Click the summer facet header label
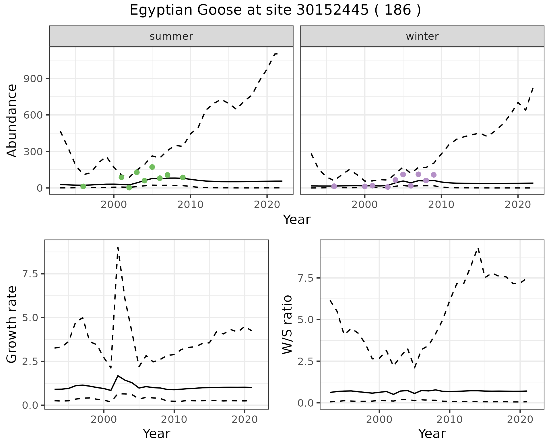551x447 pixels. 171,36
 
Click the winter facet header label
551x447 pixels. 422,36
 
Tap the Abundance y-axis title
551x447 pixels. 12,120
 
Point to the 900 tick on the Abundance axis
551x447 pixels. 33,79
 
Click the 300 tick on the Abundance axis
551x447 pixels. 33,152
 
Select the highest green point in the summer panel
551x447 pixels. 152,167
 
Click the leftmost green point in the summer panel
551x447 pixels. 83,187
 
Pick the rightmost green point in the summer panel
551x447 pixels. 183,178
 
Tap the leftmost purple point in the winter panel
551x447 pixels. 334,186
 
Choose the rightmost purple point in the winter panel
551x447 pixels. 434,175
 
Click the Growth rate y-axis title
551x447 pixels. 12,324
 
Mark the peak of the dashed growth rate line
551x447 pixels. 118,247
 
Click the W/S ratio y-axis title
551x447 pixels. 287,324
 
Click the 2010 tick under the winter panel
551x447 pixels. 441,205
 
